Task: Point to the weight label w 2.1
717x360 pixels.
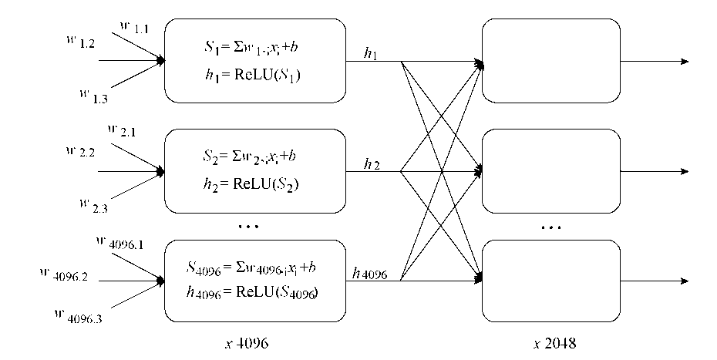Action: (123, 131)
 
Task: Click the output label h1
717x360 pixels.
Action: (372, 54)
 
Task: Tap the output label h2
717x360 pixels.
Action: (372, 163)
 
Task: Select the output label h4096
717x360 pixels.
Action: (371, 272)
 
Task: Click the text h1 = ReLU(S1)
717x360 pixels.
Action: (246, 75)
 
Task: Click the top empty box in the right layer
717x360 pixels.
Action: (550, 61)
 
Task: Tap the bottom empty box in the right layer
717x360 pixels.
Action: (550, 281)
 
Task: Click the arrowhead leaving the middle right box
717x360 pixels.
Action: (684, 171)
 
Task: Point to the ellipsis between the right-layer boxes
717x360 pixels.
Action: (550, 227)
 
